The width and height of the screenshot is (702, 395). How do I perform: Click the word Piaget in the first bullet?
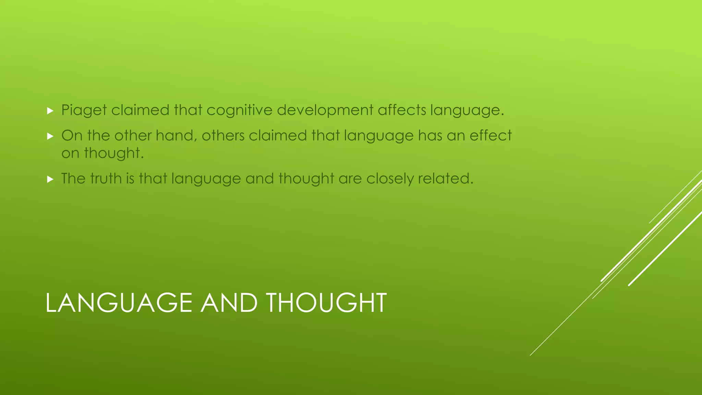[84, 110]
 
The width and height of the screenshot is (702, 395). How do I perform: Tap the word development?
[325, 110]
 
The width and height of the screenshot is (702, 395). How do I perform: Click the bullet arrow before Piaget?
[50, 111]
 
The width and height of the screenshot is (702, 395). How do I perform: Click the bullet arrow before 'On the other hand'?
[50, 136]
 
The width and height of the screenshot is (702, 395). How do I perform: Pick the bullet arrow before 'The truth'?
[50, 179]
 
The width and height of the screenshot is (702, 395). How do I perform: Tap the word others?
[223, 136]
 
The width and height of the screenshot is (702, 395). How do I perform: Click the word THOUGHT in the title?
[326, 303]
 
